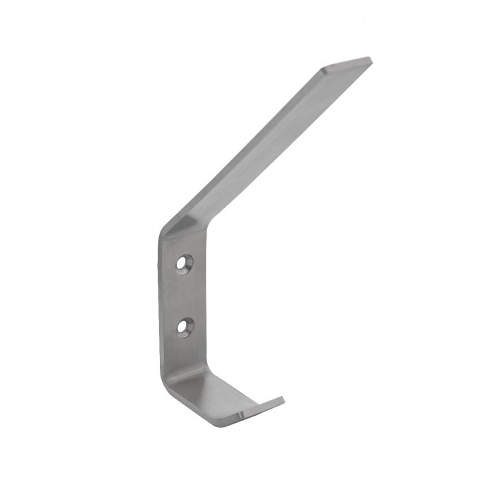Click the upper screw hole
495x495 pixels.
coord(186,264)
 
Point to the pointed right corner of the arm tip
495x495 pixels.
coord(368,59)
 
